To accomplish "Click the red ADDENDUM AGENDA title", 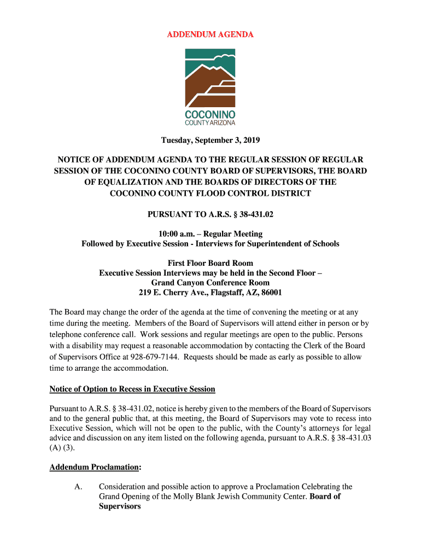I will (x=210, y=34).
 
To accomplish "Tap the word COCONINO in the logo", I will (x=210, y=115).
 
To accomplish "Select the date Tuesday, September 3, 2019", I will (x=210, y=141).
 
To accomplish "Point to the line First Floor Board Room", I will (x=210, y=263).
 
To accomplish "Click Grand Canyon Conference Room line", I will (x=210, y=283).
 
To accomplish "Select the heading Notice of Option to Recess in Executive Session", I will (x=132, y=389).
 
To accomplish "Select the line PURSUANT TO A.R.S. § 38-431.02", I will (x=210, y=214).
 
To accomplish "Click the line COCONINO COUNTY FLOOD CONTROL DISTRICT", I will (x=210, y=193).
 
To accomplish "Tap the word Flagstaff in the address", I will (x=222, y=293).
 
